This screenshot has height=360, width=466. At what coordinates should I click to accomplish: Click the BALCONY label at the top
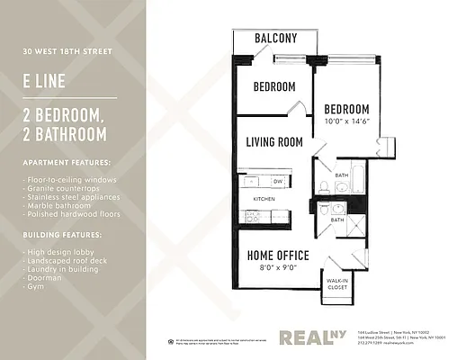click(x=275, y=38)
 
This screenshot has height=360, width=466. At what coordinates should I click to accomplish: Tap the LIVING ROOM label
click(x=273, y=142)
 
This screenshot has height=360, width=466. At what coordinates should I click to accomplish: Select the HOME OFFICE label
click(x=278, y=256)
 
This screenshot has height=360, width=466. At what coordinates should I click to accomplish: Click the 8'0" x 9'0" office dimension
click(x=278, y=267)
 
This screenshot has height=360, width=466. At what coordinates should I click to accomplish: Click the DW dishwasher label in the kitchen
click(x=278, y=181)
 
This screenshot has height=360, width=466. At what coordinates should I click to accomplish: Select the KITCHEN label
click(x=264, y=198)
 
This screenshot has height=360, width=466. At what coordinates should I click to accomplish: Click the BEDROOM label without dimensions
click(x=273, y=87)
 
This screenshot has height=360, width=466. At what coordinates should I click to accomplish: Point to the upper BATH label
click(x=342, y=175)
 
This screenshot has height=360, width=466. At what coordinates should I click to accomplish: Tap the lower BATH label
click(x=336, y=220)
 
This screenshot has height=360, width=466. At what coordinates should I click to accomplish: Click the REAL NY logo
click(x=311, y=337)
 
